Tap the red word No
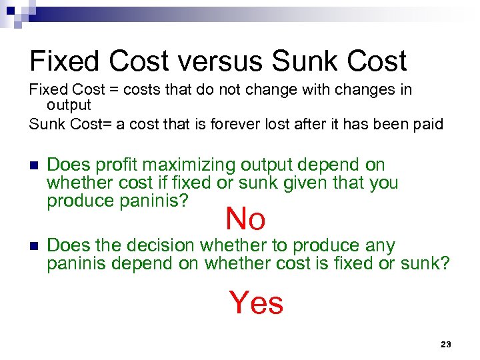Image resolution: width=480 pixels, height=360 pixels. coord(245,218)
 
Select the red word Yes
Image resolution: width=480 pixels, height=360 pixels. coord(256,303)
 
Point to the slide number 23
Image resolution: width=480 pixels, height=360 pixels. coord(446,344)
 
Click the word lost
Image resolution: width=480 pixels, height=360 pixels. coord(263,124)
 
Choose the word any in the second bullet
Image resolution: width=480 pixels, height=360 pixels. coord(380,245)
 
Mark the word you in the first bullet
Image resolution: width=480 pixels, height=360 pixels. coord(383,182)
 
